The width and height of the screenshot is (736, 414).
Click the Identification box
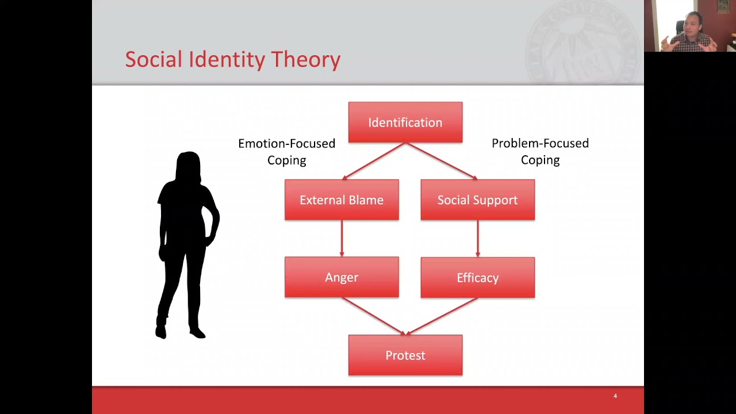click(405, 122)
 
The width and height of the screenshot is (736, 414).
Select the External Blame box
click(342, 200)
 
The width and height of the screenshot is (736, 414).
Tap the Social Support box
click(477, 200)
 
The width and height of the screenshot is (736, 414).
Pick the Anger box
click(342, 278)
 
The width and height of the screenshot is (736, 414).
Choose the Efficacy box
click(477, 278)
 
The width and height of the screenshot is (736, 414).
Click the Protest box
click(405, 355)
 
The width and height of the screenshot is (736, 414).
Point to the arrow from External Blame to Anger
click(342, 238)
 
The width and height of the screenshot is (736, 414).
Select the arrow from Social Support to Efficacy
click(477, 238)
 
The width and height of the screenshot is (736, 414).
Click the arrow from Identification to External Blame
click(374, 162)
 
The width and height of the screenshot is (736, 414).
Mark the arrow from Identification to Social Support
click(441, 162)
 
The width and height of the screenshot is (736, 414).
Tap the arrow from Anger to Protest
click(374, 316)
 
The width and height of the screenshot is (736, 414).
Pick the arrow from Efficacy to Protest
click(441, 316)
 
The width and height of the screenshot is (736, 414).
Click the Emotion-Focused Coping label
click(286, 152)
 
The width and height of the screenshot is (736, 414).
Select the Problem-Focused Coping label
click(540, 152)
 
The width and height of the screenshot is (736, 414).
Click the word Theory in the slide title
click(305, 60)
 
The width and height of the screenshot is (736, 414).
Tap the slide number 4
click(615, 396)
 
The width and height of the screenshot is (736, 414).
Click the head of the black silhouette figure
click(188, 166)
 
